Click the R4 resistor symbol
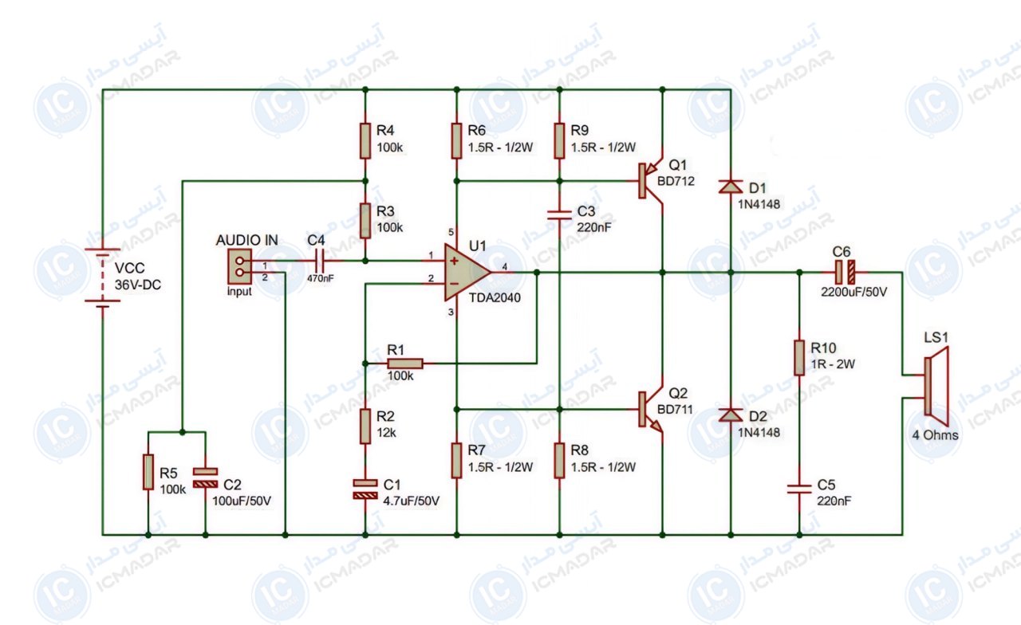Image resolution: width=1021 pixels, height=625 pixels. click(365, 141)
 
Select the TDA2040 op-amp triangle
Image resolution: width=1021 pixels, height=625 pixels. click(465, 273)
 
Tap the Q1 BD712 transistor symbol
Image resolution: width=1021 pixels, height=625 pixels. click(649, 181)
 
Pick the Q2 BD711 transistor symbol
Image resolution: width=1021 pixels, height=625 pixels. click(649, 409)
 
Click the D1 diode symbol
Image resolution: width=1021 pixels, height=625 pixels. click(731, 187)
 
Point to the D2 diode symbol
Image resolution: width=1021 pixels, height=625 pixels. click(731, 415)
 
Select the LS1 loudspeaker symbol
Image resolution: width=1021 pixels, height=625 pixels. click(936, 387)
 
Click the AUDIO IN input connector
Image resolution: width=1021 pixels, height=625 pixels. click(240, 266)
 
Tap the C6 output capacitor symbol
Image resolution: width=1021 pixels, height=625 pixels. click(845, 273)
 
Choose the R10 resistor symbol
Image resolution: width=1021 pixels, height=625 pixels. click(799, 358)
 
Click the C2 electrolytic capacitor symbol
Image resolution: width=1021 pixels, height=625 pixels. click(205, 478)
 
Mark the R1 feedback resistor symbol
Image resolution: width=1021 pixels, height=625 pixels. click(404, 364)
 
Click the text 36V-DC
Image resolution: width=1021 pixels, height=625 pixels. click(138, 285)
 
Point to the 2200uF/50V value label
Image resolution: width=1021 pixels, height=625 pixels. click(854, 292)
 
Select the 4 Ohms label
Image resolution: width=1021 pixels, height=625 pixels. click(936, 435)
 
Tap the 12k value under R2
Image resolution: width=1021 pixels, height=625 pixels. click(386, 432)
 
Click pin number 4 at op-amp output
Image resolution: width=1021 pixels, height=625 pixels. click(505, 266)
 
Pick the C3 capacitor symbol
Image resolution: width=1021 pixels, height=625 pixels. click(559, 215)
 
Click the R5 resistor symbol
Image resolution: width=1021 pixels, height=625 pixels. click(148, 472)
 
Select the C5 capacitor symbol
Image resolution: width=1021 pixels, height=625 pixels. click(799, 489)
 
